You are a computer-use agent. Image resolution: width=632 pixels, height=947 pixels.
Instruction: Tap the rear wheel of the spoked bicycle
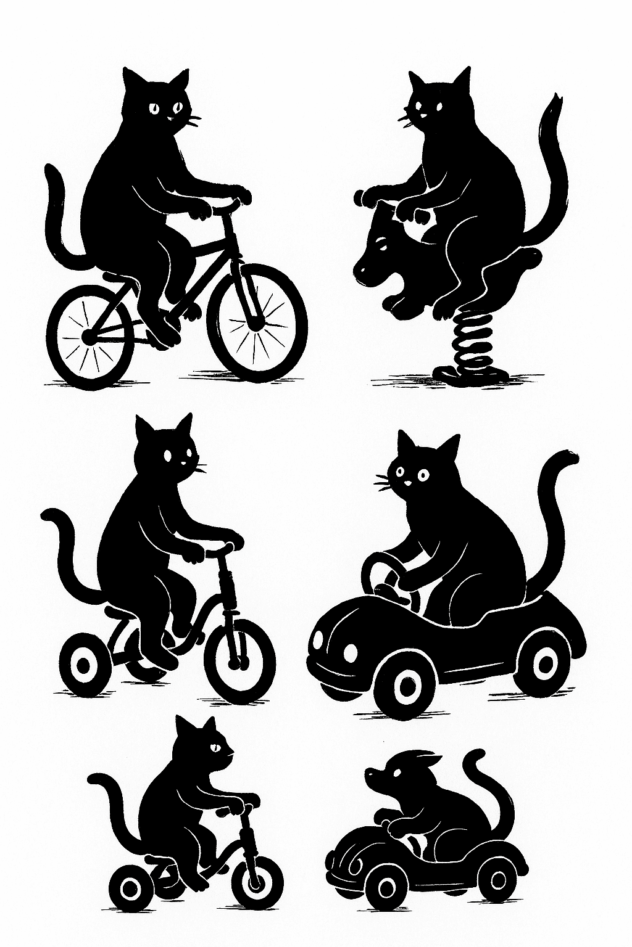90,337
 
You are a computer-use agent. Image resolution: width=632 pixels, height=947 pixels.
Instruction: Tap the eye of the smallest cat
217,748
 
